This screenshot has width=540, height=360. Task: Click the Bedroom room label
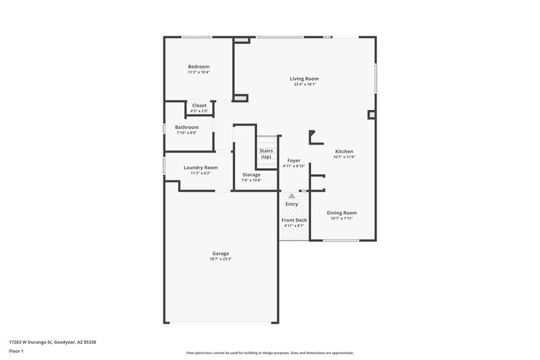tap(198, 66)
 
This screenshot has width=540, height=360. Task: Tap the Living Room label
tap(304, 79)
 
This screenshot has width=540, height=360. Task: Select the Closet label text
tap(199, 105)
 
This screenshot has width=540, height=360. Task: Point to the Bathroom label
tap(186, 127)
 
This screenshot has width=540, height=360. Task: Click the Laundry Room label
tap(200, 168)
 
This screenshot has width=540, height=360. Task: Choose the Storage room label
tap(251, 175)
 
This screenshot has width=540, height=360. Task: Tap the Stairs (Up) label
tap(266, 154)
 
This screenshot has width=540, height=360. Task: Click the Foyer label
tap(294, 160)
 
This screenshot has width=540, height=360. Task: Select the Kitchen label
tap(344, 151)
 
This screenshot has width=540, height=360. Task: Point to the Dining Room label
tap(343, 213)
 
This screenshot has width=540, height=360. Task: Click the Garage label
tap(221, 253)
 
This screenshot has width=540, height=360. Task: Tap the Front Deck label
tap(294, 220)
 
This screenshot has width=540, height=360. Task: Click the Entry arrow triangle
tap(292, 195)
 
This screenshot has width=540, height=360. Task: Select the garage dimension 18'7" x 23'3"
tap(221, 259)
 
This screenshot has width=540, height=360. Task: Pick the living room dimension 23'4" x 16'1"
tap(304, 84)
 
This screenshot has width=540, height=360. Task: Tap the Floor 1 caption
tap(17, 351)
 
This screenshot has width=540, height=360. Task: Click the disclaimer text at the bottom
tap(269, 353)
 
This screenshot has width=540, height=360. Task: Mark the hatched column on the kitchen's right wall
tap(371, 115)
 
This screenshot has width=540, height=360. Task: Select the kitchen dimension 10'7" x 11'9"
tap(344, 157)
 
